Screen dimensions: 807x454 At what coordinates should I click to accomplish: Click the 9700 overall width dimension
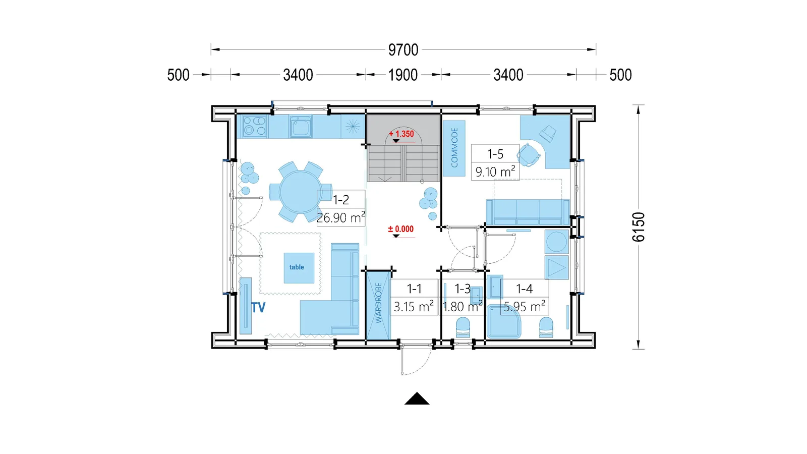point(403,50)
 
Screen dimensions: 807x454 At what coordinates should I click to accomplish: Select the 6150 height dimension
point(639,227)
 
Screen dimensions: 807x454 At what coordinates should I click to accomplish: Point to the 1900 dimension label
point(403,75)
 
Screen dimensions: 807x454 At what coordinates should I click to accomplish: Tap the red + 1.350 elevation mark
point(401,134)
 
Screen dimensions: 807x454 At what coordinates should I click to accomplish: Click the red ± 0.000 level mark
point(400,229)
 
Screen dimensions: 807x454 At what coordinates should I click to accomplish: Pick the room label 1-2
point(341,200)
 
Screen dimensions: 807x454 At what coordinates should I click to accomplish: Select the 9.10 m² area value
point(495,172)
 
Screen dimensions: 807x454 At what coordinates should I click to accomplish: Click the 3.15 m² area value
point(414,307)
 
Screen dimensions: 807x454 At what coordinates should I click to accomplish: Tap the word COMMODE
point(454,148)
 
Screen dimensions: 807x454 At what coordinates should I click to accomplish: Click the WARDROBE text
point(378,303)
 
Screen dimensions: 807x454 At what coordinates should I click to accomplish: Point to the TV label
point(258,307)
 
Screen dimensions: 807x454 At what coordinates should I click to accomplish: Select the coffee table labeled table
point(299,268)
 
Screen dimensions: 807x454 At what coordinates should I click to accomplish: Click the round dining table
point(301,192)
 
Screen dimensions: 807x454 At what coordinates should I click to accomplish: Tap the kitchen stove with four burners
point(255,126)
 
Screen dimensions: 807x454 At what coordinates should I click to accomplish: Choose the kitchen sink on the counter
point(300,127)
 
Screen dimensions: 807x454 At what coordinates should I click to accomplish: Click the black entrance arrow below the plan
point(417,399)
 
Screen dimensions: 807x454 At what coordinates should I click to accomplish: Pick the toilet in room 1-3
point(463,327)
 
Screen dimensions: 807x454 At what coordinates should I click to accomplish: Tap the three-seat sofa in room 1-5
point(528,212)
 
